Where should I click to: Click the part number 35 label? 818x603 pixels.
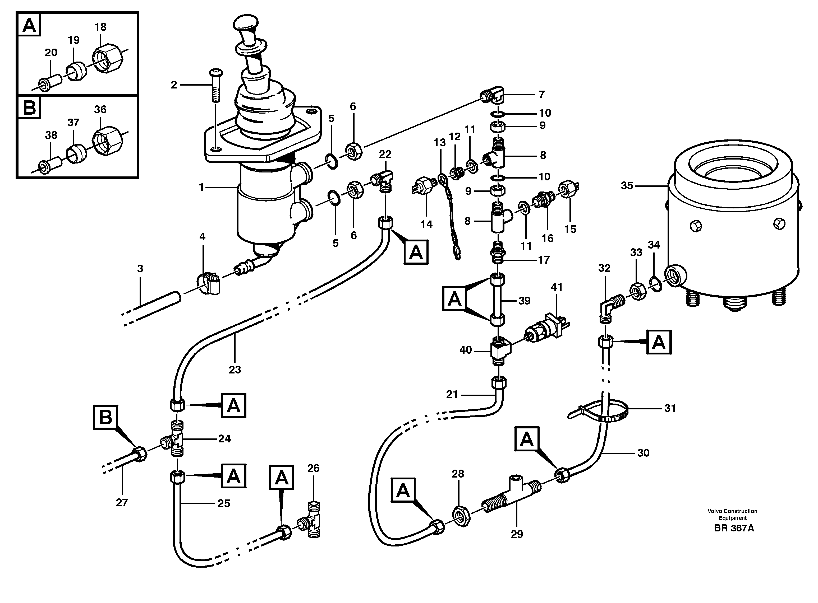pos(627,186)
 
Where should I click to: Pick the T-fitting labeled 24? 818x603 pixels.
pos(175,439)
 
